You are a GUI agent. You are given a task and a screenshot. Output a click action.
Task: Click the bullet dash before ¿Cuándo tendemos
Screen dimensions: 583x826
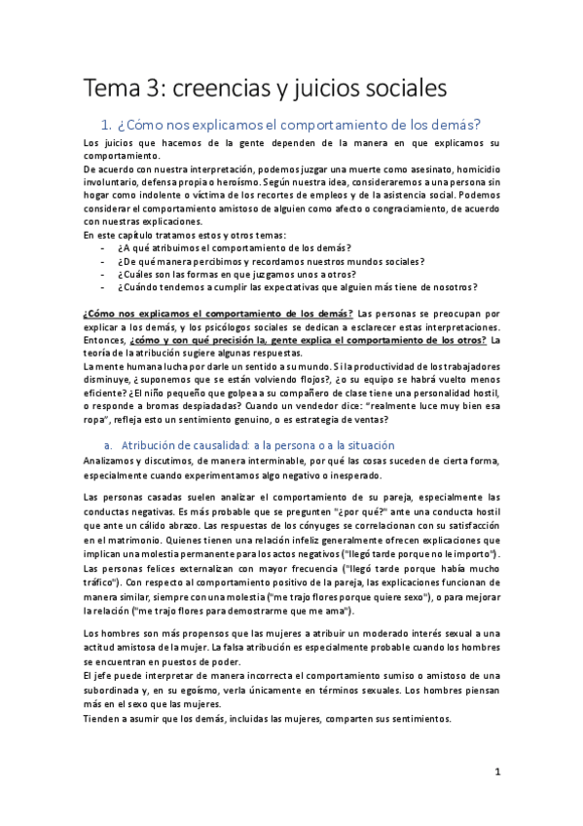(103, 287)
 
